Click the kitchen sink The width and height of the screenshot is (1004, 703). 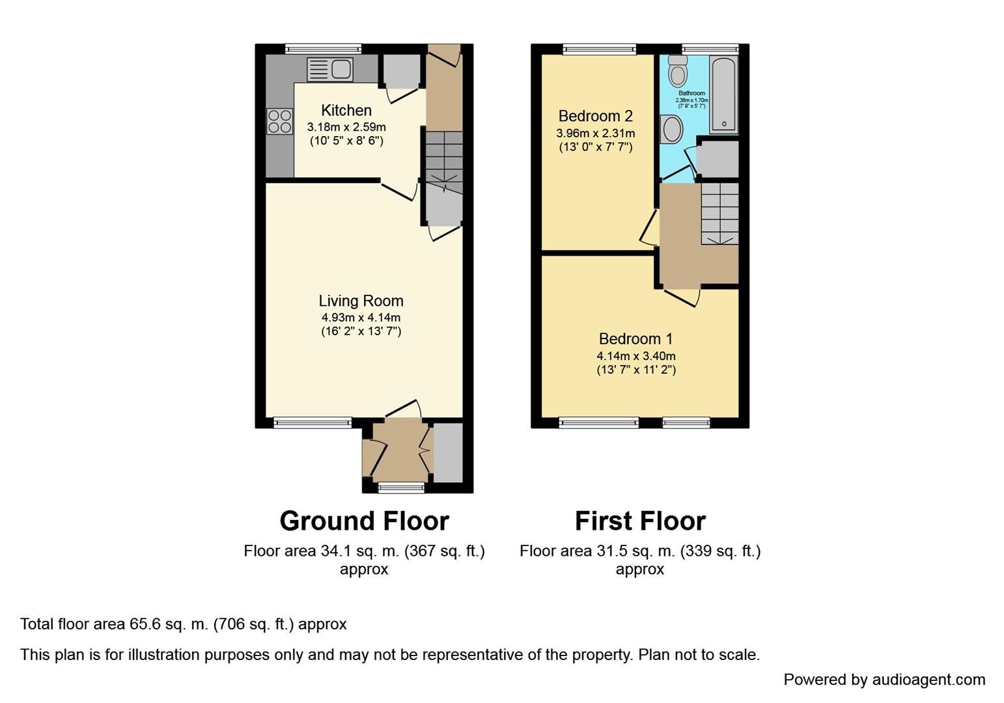(x=330, y=70)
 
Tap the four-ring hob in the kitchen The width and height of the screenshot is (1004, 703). (x=279, y=122)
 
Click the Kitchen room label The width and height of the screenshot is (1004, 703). (x=346, y=111)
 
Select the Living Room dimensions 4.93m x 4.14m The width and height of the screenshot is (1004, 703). (x=361, y=318)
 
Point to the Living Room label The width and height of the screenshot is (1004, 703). (x=361, y=301)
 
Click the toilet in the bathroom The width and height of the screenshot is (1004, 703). (x=678, y=71)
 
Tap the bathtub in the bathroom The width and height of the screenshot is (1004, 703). (x=723, y=94)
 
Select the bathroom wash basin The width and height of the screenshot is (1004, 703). (x=671, y=130)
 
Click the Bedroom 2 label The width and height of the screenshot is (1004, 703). (x=595, y=117)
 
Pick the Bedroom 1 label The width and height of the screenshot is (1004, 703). (x=635, y=339)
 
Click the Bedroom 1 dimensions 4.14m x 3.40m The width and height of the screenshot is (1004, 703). (x=635, y=356)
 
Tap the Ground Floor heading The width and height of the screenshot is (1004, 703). (x=364, y=521)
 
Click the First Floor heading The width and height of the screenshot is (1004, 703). (x=639, y=521)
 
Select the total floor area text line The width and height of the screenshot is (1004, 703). (x=184, y=624)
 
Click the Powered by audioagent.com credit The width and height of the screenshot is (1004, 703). (x=884, y=680)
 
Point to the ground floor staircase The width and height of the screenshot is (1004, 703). (x=444, y=159)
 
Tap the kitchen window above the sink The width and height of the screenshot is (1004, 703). (x=323, y=48)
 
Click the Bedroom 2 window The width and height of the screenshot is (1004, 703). (x=599, y=48)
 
